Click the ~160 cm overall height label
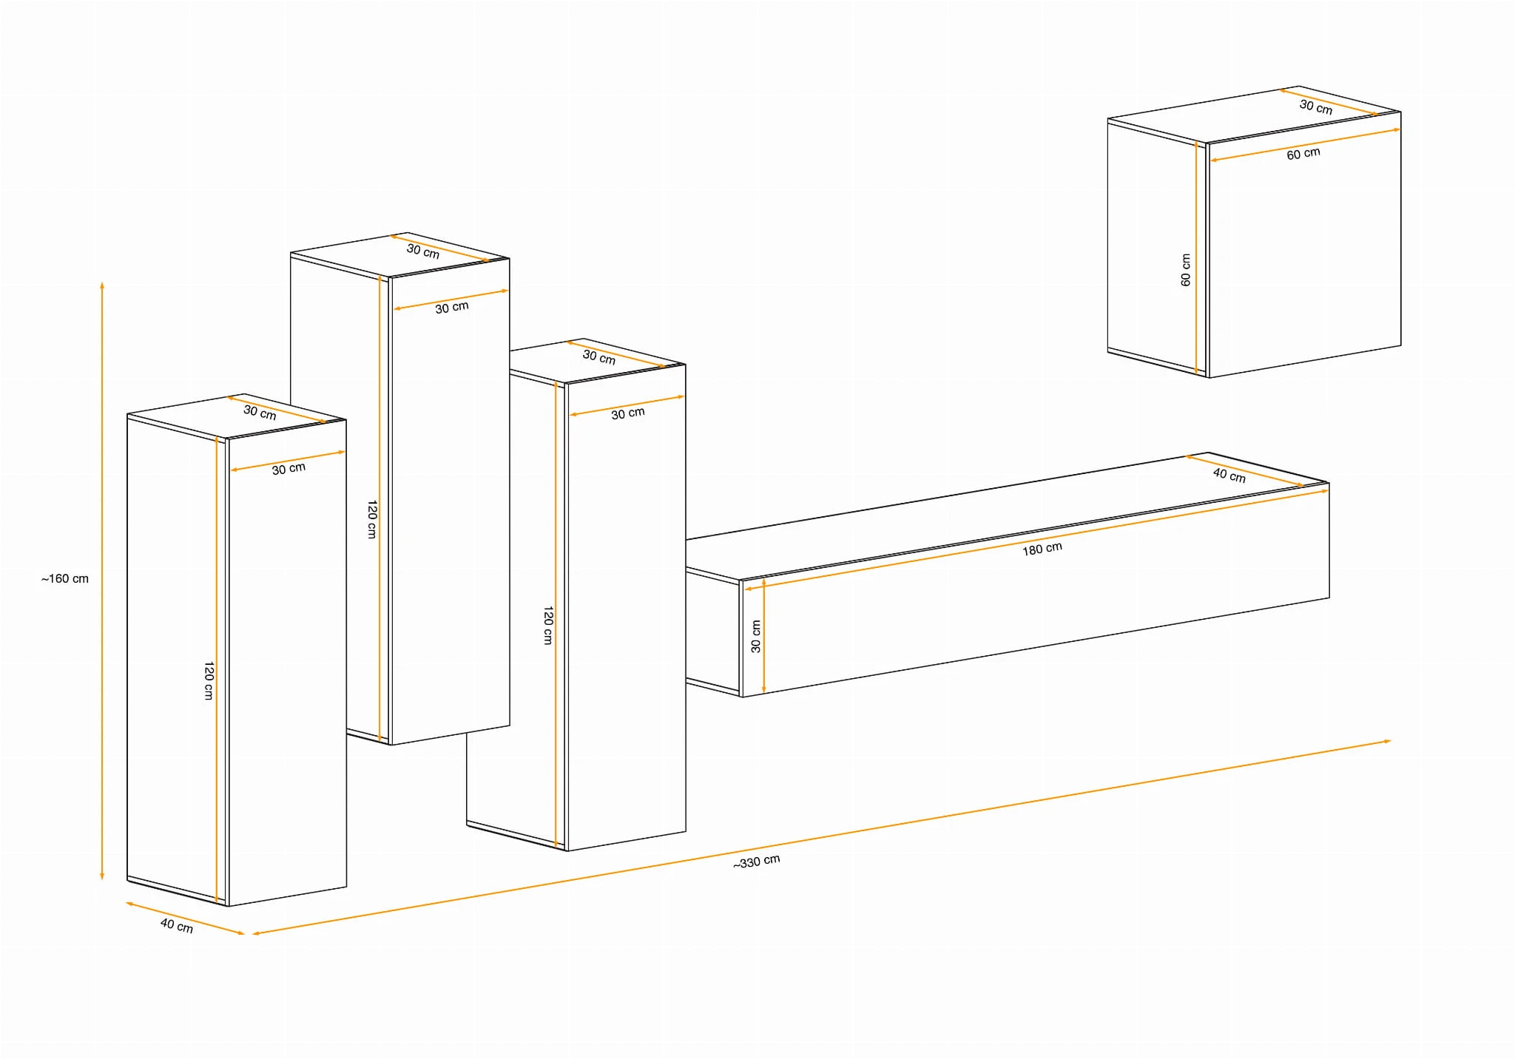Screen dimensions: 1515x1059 point(65,578)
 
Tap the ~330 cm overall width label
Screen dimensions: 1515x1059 point(756,862)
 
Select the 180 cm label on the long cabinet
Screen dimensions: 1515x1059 point(1042,549)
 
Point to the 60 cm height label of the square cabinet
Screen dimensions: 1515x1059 point(1186,270)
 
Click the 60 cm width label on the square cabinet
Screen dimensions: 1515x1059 point(1303,154)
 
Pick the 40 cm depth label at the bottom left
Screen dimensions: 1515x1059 point(177,925)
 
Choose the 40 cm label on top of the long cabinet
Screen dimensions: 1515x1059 point(1229,475)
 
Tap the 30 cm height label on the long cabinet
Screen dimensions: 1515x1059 point(755,636)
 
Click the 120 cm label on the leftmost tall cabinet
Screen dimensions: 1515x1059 point(209,680)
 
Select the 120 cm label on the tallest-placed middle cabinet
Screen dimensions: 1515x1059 point(372,519)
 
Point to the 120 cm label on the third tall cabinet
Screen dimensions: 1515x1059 point(548,626)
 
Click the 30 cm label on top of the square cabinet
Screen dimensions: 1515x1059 point(1316,107)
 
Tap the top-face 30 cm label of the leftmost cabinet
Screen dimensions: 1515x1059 point(260,413)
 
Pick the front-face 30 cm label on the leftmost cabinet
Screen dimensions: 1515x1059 point(289,469)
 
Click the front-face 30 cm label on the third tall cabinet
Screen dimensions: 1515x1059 point(628,413)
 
